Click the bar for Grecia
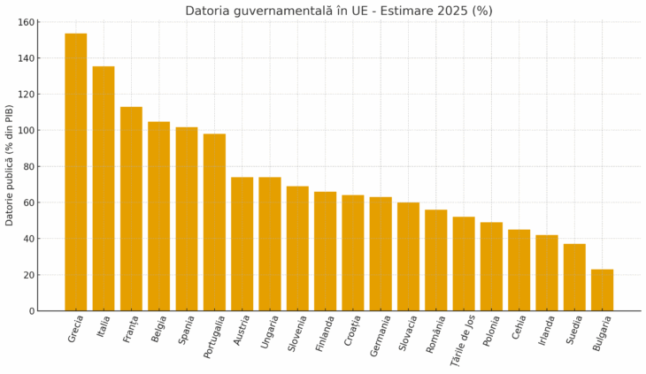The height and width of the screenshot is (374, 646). (x=76, y=172)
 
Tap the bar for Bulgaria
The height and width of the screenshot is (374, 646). (x=602, y=290)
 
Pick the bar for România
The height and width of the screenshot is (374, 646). (x=435, y=260)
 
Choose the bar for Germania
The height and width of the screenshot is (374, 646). (x=381, y=254)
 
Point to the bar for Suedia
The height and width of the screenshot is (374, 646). (x=574, y=278)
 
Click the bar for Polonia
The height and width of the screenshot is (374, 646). (x=491, y=266)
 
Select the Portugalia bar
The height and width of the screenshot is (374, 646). (x=214, y=222)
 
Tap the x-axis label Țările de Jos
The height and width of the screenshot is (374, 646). (x=464, y=340)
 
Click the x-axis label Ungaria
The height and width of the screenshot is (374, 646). (x=271, y=332)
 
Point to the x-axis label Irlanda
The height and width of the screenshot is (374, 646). (x=547, y=331)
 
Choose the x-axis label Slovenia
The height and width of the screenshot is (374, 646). (x=297, y=333)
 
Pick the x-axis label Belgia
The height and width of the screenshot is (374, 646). (x=159, y=328)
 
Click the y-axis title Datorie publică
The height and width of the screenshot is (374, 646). (x=10, y=165)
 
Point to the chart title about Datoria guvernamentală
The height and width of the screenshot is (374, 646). (x=339, y=11)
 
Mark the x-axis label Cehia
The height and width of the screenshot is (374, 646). (x=519, y=328)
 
